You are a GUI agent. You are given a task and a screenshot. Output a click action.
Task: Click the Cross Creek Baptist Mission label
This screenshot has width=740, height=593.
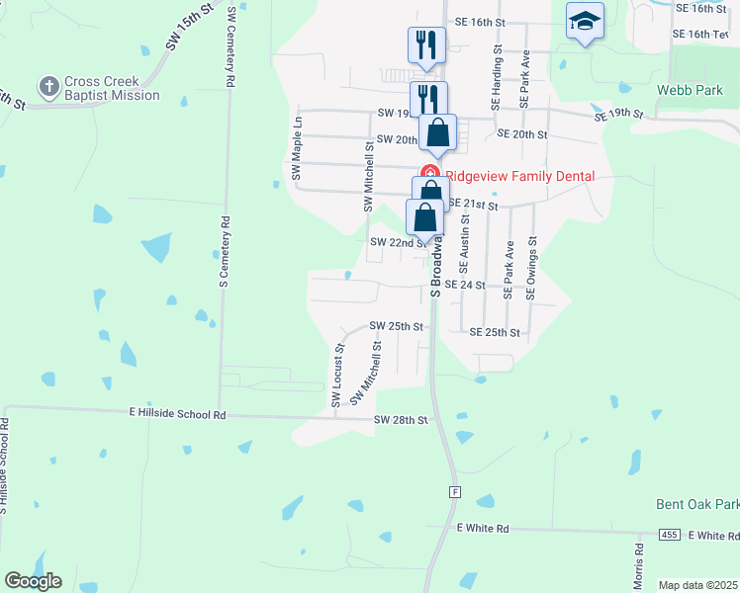(112, 89)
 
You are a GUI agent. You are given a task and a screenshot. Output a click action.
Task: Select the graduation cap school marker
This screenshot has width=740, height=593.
(585, 20)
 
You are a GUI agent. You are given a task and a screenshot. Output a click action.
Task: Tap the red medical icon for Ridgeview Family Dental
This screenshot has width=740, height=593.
(430, 172)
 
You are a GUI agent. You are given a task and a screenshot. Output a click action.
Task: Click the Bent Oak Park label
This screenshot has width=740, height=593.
(696, 504)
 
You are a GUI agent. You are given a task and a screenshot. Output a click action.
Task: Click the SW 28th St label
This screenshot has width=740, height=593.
(401, 420)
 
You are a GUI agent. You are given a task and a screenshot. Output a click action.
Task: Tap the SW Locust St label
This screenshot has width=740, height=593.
(337, 376)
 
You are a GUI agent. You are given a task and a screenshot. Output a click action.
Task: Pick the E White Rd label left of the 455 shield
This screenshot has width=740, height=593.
(483, 529)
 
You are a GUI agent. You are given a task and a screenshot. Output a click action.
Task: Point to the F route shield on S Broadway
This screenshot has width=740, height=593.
(455, 491)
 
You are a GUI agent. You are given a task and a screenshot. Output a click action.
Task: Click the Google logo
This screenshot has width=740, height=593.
(33, 580)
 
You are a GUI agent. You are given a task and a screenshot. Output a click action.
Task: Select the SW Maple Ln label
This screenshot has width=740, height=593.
(296, 146)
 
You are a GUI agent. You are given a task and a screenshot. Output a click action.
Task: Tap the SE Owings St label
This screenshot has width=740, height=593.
(532, 267)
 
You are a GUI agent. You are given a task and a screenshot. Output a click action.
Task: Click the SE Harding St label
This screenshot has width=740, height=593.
(496, 76)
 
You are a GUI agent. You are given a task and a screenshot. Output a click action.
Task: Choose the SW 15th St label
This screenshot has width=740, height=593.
(191, 27)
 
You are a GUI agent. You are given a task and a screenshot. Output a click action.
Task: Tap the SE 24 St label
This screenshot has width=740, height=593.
(465, 285)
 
